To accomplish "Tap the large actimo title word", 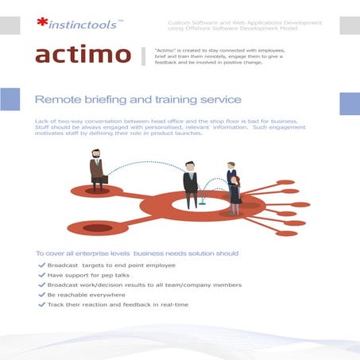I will (x=83, y=55).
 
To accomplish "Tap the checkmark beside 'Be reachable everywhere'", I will (x=41, y=294).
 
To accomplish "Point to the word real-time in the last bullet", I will (x=174, y=304).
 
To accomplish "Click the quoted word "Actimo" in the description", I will (x=168, y=49).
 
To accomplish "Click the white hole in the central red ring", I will (x=201, y=210).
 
